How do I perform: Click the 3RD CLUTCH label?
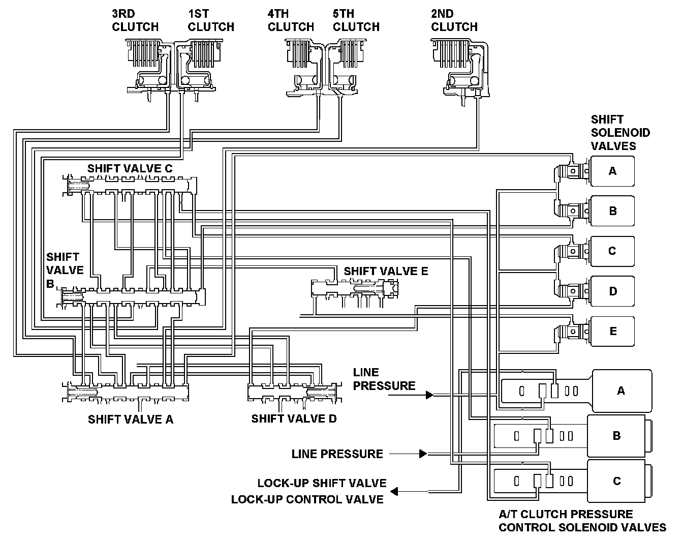pos(135,20)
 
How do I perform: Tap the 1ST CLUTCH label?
pos(211,20)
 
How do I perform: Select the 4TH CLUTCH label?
pos(291,20)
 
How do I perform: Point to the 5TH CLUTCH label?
pos(356,20)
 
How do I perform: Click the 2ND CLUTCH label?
pos(454,20)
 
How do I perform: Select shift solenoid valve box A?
pos(612,171)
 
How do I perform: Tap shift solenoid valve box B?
pos(612,211)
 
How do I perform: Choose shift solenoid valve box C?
pos(612,251)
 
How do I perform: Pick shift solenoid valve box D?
pos(612,291)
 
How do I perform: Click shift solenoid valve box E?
pos(612,332)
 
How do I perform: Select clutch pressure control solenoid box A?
pos(622,391)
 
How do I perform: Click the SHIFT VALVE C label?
pos(130,168)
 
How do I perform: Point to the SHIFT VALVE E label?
pos(386,271)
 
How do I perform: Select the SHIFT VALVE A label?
pos(131,419)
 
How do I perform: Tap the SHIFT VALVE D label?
pos(294,418)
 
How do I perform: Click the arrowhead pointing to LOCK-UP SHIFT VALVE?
pos(394,492)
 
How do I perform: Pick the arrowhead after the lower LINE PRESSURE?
pos(423,454)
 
